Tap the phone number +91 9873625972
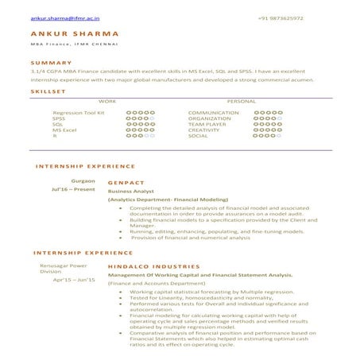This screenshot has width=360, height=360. [281, 17]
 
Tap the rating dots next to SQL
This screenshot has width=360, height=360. [140, 125]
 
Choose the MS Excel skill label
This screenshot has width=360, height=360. [64, 130]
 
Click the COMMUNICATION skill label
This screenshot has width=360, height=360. [214, 113]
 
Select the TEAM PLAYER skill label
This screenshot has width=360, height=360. [207, 125]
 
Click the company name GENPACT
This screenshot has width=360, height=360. [125, 183]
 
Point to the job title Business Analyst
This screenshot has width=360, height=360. [130, 192]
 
